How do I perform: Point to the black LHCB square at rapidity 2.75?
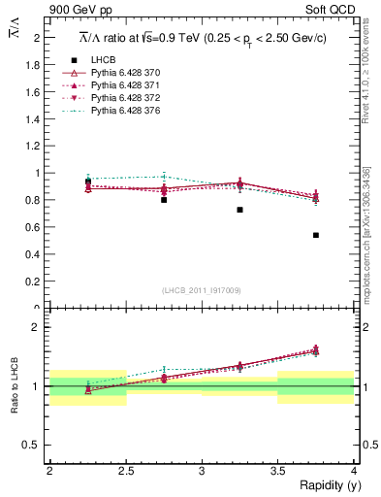pyautogui.click(x=164, y=200)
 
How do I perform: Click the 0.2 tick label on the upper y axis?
pyautogui.click(x=35, y=282)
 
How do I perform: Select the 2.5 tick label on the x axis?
pyautogui.click(x=125, y=471)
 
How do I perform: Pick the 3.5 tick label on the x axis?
pyautogui.click(x=277, y=471)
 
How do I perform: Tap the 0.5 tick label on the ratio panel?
pyautogui.click(x=35, y=445)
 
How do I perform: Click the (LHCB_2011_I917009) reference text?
pyautogui.click(x=201, y=290)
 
